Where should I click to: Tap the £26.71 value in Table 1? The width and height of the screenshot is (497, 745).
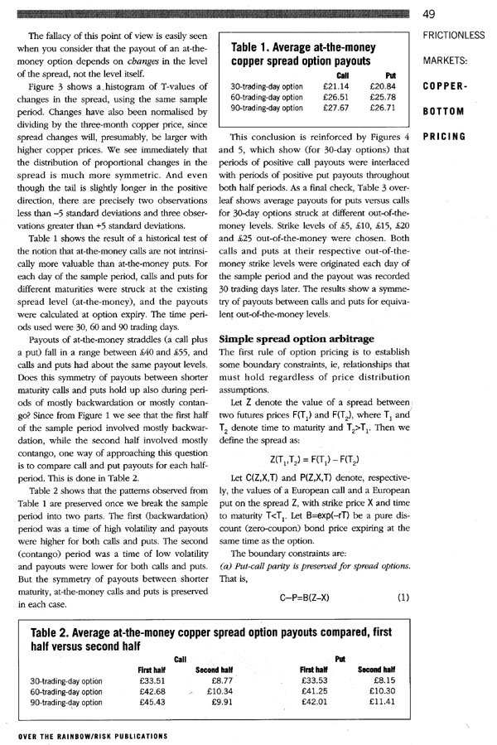383,108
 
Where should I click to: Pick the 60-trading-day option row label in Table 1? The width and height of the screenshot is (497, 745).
267,97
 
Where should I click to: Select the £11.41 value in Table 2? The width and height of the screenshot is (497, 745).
382,701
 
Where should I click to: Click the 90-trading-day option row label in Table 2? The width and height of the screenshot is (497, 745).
66,702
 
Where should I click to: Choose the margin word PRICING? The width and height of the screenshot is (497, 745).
445,135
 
